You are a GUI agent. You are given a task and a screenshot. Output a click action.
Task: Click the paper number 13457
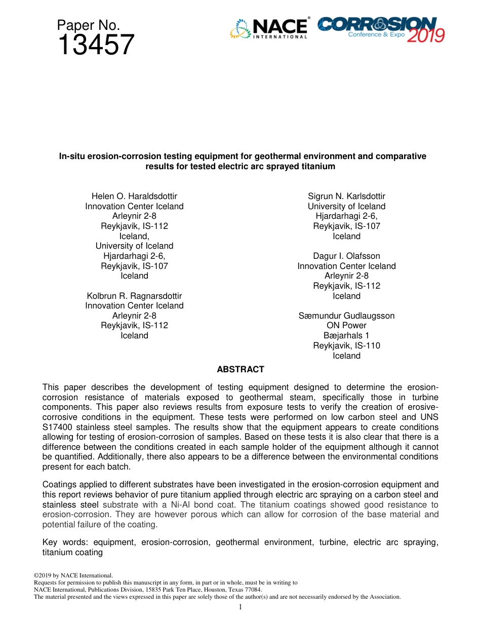pyautogui.click(x=96, y=46)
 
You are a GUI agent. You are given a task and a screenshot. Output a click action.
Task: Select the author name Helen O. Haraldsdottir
pyautogui.click(x=134, y=196)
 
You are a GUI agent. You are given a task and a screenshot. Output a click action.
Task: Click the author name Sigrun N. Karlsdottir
pyautogui.click(x=346, y=196)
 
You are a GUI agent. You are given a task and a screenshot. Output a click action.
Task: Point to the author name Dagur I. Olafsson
pyautogui.click(x=346, y=256)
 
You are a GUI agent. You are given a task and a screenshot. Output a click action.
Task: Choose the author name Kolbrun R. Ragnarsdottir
pyautogui.click(x=134, y=296)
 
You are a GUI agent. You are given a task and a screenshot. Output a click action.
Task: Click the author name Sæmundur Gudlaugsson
pyautogui.click(x=346, y=316)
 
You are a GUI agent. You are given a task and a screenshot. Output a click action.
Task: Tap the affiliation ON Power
pyautogui.click(x=346, y=326)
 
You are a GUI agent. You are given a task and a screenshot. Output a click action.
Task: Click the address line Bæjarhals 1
pyautogui.click(x=346, y=335)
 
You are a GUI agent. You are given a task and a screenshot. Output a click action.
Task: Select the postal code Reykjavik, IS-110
pyautogui.click(x=346, y=345)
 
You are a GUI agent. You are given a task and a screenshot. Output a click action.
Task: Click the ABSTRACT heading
pyautogui.click(x=240, y=370)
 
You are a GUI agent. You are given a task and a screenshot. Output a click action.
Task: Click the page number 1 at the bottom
pyautogui.click(x=240, y=607)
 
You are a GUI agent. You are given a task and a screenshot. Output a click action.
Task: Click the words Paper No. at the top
pyautogui.click(x=88, y=25)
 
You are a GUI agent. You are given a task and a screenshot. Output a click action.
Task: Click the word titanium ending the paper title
pyautogui.click(x=317, y=166)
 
